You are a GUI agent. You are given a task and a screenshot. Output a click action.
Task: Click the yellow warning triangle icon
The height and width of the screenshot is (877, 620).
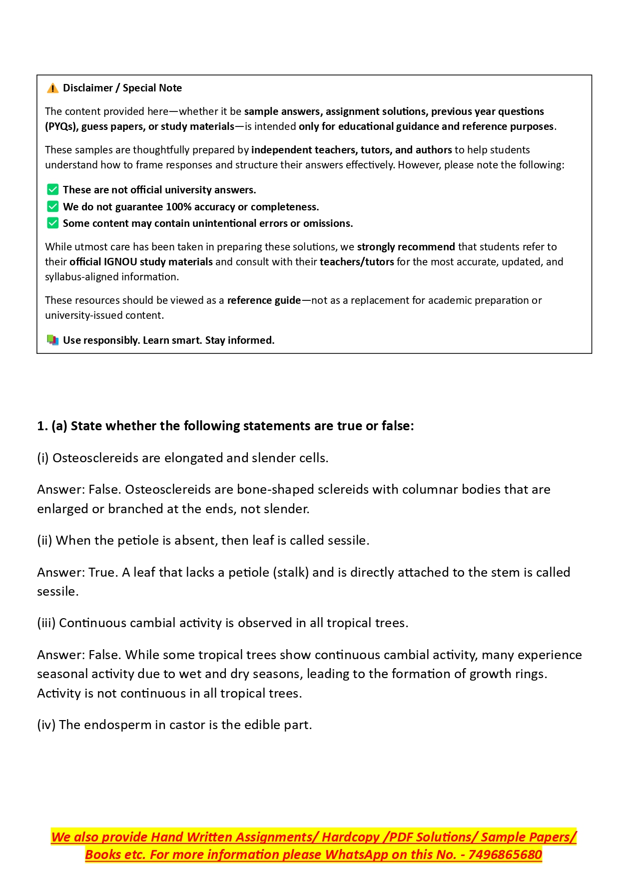pyautogui.click(x=52, y=88)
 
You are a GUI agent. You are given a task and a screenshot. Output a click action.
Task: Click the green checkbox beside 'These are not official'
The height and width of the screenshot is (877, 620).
pyautogui.click(x=52, y=190)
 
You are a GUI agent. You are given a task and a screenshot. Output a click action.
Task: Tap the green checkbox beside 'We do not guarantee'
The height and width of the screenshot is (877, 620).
pyautogui.click(x=52, y=207)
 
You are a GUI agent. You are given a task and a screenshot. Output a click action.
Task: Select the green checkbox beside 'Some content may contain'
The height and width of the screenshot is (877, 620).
pyautogui.click(x=52, y=223)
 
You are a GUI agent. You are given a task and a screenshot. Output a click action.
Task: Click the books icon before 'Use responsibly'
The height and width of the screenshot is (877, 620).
pyautogui.click(x=52, y=340)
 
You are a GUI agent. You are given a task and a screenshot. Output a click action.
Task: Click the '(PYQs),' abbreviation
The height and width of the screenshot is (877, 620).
pyautogui.click(x=61, y=126)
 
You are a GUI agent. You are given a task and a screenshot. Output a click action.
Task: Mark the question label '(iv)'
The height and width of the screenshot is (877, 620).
pyautogui.click(x=46, y=725)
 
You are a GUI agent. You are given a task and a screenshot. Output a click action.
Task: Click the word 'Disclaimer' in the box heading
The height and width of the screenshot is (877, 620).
pyautogui.click(x=88, y=88)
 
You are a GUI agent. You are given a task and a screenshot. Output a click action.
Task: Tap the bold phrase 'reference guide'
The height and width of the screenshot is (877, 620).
pyautogui.click(x=264, y=300)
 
